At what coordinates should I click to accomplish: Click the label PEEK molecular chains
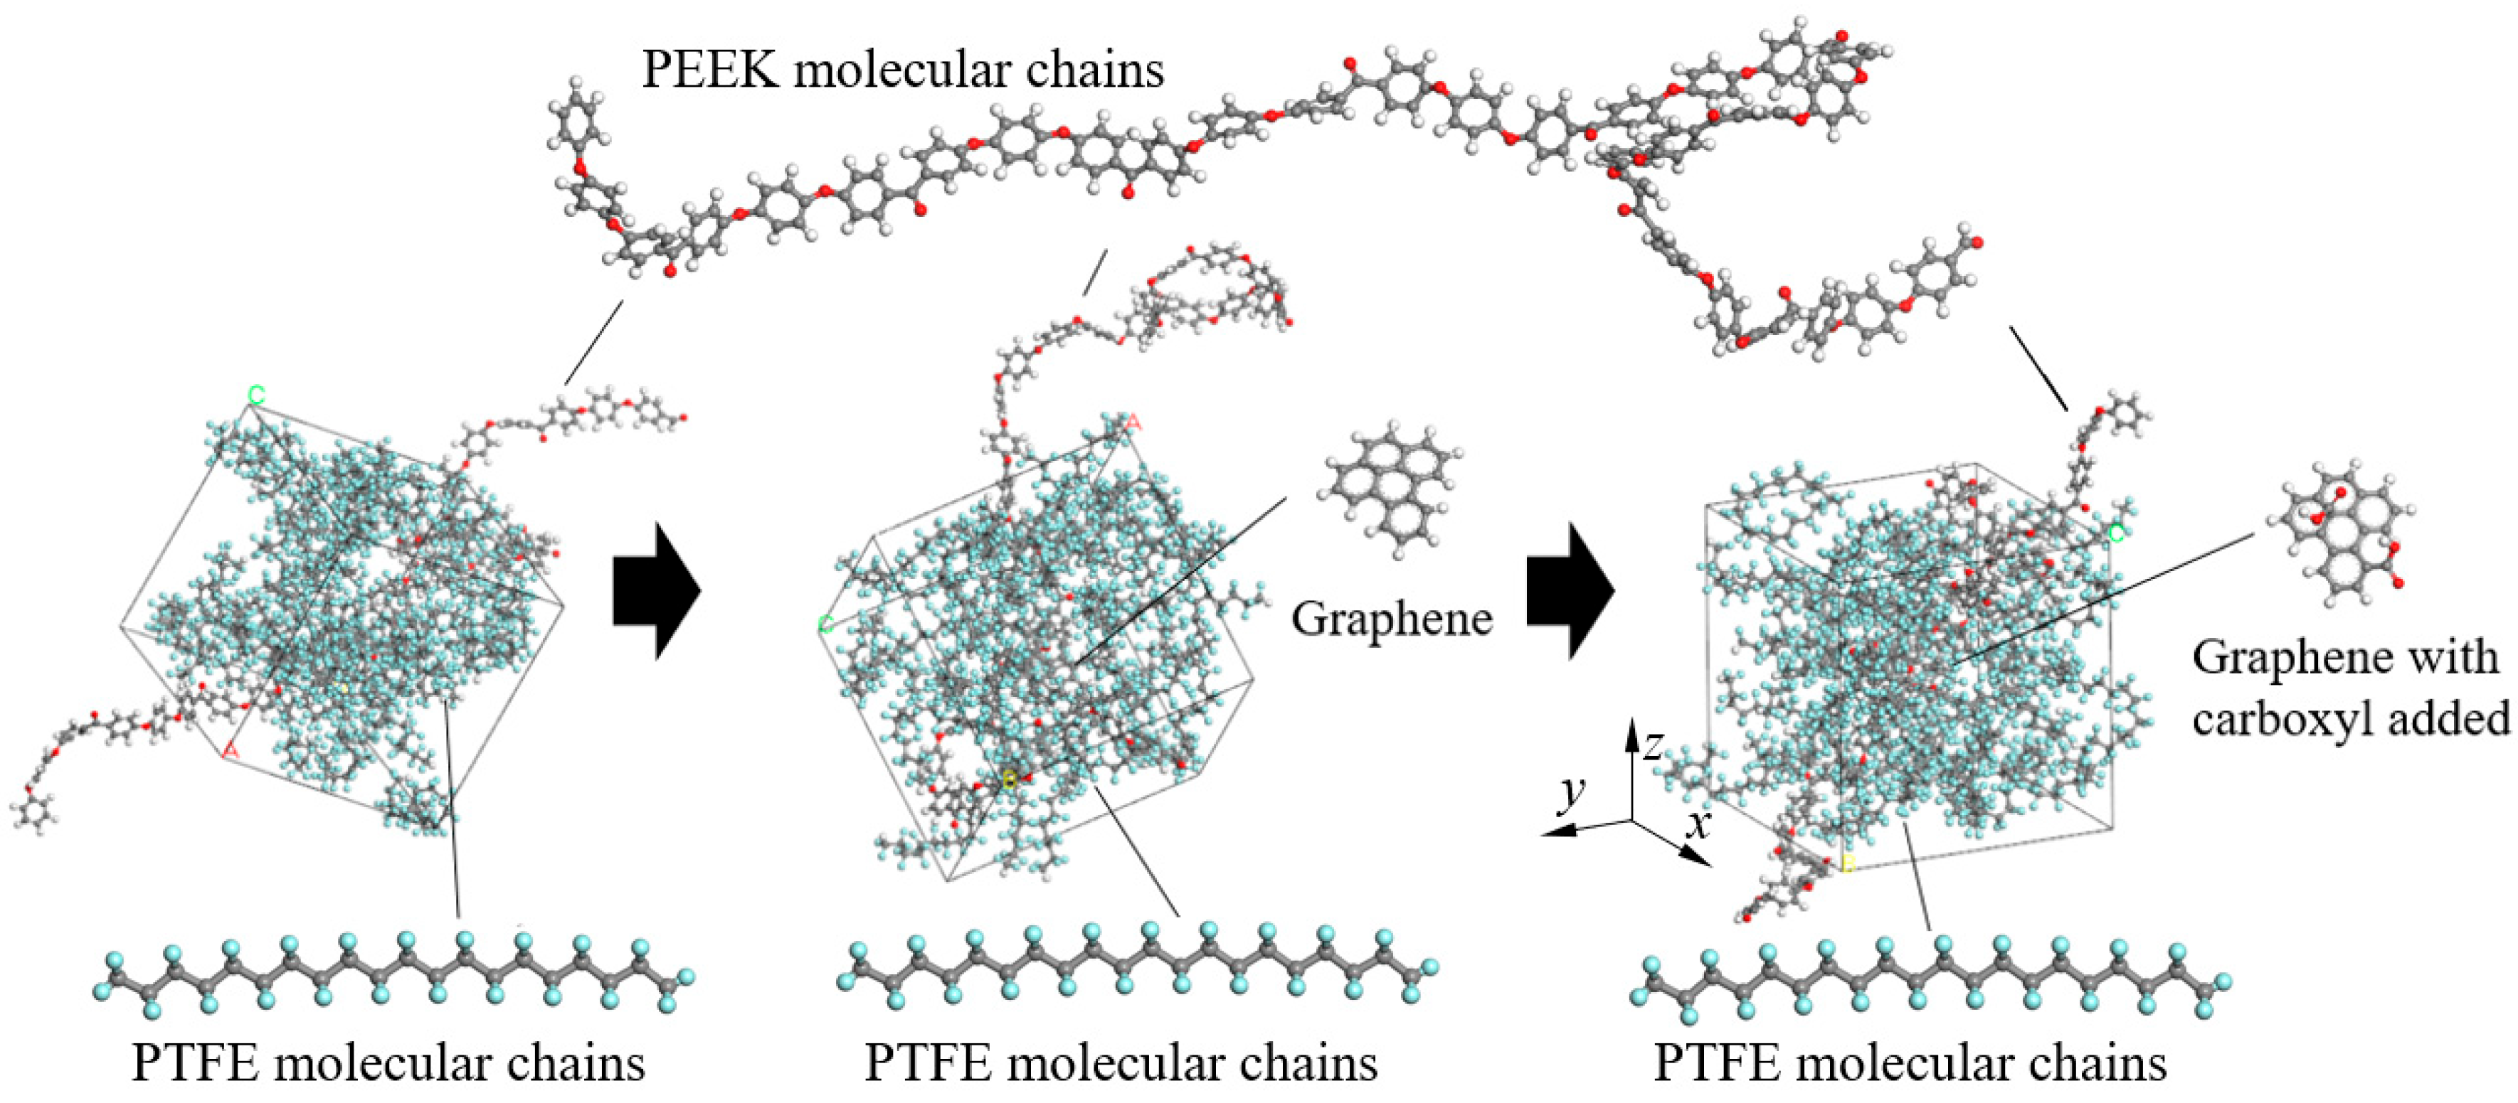tap(901, 70)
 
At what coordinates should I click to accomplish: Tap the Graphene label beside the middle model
tap(1391, 619)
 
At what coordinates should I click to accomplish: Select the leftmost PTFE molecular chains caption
tap(388, 1063)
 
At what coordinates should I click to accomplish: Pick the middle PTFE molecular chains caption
tap(1121, 1063)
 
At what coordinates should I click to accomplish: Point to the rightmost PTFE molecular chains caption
tap(1909, 1063)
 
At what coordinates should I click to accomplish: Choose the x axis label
tap(1700, 826)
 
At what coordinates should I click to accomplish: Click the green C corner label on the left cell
tap(256, 395)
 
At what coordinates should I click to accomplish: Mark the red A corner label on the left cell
tap(231, 750)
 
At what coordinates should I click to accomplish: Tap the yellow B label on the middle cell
tap(1010, 779)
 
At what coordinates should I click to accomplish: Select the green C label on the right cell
tap(2116, 534)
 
